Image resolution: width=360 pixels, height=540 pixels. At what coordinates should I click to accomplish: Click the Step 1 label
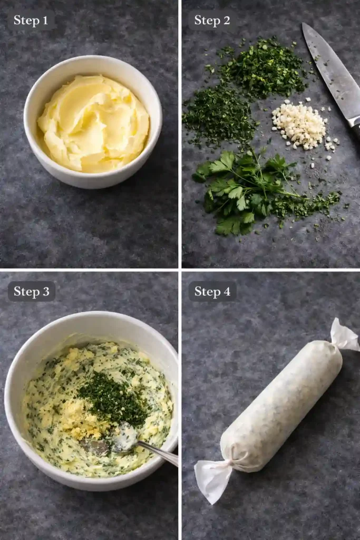coord(31,21)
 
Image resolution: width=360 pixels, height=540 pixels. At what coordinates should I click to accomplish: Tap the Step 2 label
coord(212,21)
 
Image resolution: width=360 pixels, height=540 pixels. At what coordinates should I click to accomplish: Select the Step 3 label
coord(31,291)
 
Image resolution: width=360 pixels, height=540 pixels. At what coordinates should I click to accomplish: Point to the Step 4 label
coord(212,291)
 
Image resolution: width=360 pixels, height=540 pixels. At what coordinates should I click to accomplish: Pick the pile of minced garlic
coord(299,124)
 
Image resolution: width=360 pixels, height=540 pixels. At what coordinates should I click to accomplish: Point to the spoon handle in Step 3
coord(158,453)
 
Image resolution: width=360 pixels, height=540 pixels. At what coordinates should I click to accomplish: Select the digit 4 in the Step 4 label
coord(227,291)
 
